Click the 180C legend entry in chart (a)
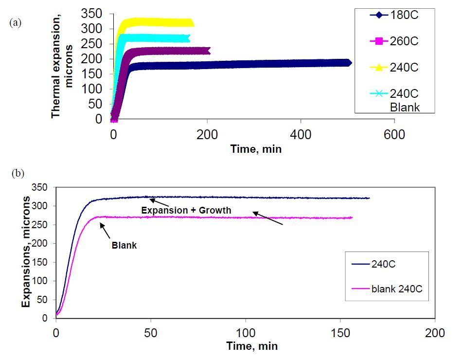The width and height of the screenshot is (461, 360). point(394,15)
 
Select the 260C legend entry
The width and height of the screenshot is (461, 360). point(394,41)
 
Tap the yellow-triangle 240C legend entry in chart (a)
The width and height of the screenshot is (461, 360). point(394,68)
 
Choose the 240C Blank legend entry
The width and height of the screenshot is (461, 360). point(394,100)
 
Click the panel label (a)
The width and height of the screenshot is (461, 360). point(16,22)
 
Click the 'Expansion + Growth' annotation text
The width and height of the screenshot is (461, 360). point(186,210)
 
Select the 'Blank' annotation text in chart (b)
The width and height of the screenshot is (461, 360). point(124,246)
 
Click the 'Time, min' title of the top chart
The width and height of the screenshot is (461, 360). point(256,149)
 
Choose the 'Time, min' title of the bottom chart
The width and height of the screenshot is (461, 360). point(252,346)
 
